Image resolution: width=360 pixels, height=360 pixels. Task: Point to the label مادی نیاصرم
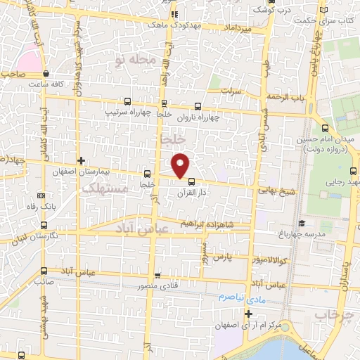tap(229, 298)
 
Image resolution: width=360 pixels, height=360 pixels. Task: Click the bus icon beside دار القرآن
tap(192, 181)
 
